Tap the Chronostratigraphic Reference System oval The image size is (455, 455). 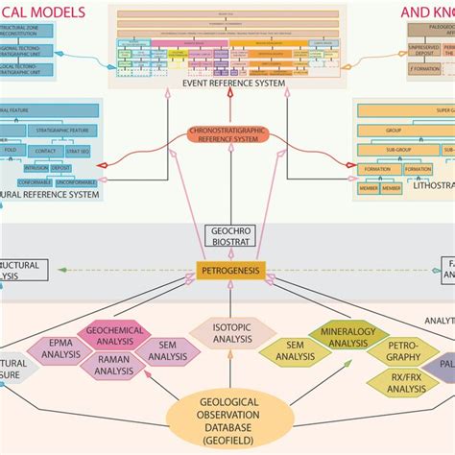(224, 135)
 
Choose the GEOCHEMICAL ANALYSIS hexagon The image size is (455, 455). (115, 335)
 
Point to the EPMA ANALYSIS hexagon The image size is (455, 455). (64, 353)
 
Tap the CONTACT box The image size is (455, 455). (75, 151)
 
